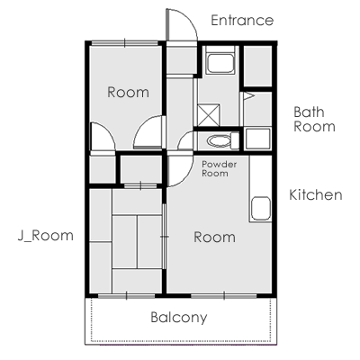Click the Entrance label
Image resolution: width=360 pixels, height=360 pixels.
(x=242, y=21)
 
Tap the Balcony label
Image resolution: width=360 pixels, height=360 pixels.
(x=179, y=318)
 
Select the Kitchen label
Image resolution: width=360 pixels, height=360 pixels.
(x=316, y=194)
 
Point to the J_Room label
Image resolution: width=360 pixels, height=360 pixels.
(x=46, y=236)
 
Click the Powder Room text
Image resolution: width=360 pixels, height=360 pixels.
(x=220, y=168)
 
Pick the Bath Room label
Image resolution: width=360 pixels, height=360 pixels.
(x=314, y=119)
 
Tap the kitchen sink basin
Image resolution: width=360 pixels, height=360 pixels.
(x=261, y=209)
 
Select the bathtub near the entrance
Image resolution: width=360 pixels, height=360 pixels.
(x=220, y=63)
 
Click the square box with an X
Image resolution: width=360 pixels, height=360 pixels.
(x=209, y=115)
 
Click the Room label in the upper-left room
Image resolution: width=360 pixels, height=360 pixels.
(x=128, y=92)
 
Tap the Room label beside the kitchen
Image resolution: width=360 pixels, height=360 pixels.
(x=214, y=237)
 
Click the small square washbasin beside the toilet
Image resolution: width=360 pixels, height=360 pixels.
(x=258, y=139)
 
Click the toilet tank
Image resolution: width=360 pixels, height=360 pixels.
(x=235, y=140)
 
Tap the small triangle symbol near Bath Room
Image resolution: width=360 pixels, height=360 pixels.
(x=248, y=96)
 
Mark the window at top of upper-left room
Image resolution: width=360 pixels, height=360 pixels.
(x=124, y=43)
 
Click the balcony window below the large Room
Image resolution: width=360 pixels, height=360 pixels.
(x=224, y=296)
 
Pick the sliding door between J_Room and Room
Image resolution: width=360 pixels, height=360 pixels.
(x=164, y=237)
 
